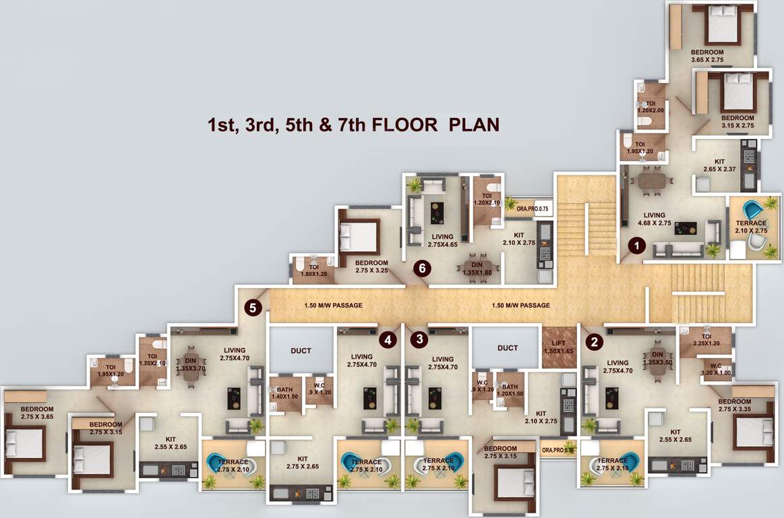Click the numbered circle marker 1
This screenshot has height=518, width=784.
pyautogui.click(x=635, y=246)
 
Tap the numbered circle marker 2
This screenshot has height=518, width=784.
pyautogui.click(x=594, y=342)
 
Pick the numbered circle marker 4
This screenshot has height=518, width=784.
pyautogui.click(x=387, y=339)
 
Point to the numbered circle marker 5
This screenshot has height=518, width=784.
pyautogui.click(x=253, y=308)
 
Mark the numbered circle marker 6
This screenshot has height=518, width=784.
pyautogui.click(x=422, y=268)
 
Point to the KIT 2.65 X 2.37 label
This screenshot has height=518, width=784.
pyautogui.click(x=719, y=166)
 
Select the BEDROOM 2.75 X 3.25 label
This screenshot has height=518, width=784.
pyautogui.click(x=371, y=266)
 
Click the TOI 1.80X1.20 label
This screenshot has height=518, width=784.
pyautogui.click(x=314, y=270)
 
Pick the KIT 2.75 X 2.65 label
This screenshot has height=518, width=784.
pyautogui.click(x=302, y=462)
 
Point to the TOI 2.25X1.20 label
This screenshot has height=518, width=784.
pyautogui.click(x=706, y=340)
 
